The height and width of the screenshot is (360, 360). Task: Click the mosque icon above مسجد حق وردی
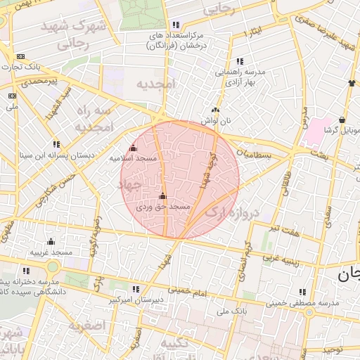click(x=163, y=196)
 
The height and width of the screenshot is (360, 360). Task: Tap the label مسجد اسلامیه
click(x=131, y=159)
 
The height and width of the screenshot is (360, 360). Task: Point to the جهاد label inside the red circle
click(x=131, y=184)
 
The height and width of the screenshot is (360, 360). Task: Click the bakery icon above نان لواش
click(x=215, y=110)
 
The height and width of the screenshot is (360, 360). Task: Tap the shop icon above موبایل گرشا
click(x=342, y=119)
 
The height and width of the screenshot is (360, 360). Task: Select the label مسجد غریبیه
click(x=50, y=251)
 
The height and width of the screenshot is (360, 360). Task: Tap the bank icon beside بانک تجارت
click(x=20, y=56)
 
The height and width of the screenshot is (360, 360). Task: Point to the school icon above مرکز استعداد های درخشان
click(x=175, y=25)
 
